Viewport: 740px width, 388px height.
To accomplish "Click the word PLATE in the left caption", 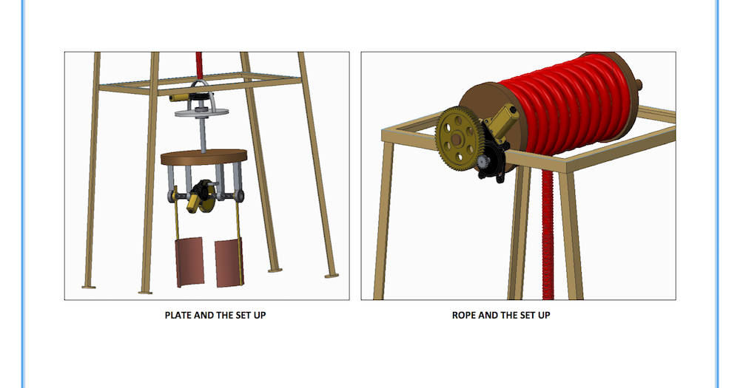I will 178,315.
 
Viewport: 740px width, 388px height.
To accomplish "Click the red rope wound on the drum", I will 570,103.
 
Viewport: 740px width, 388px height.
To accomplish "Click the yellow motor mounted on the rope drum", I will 505,121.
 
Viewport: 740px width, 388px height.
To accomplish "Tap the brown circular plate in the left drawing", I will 203,157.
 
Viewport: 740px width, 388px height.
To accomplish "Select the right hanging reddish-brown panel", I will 229,262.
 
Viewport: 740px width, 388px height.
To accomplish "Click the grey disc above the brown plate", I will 201,112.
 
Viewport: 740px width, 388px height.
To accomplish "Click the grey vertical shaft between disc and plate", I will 202,134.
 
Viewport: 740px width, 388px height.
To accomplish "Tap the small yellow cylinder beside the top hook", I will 180,98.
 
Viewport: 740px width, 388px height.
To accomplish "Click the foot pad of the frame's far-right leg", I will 332,276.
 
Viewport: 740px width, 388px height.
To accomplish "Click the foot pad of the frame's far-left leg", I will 89,285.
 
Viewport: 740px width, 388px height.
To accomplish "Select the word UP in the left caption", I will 258,315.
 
